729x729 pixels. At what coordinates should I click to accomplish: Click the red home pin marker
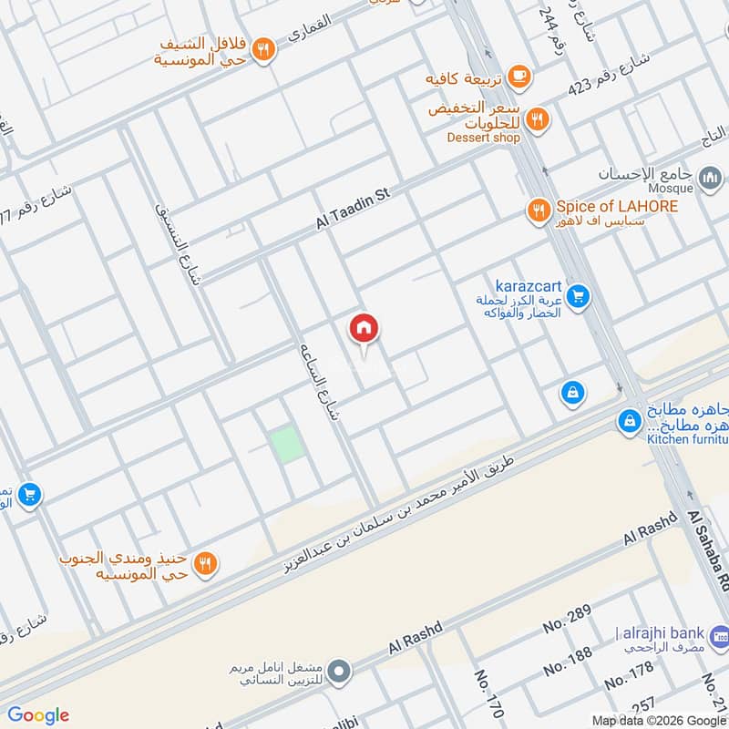(364, 328)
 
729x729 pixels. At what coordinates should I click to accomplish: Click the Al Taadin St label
(353, 209)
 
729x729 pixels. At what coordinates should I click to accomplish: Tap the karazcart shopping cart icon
(576, 296)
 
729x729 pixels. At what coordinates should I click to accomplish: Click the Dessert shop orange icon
(539, 118)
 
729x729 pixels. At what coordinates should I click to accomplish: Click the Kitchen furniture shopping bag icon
(629, 421)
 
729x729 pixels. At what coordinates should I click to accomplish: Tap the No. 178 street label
(629, 675)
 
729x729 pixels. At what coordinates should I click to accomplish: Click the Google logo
(38, 715)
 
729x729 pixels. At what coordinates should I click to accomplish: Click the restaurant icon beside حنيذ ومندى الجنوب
(206, 563)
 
